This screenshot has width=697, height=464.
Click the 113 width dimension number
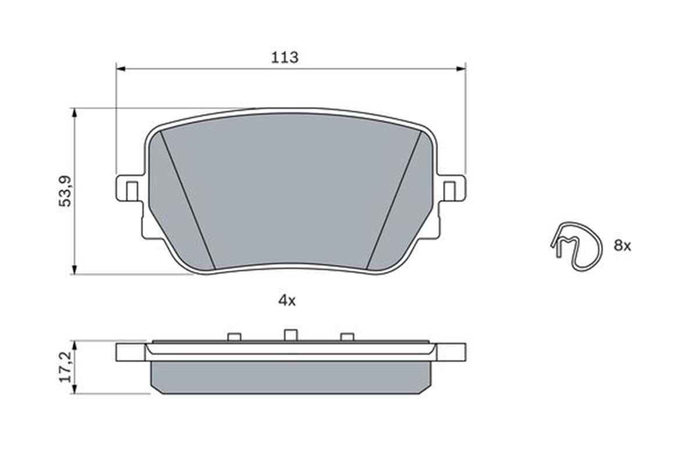coord(285,57)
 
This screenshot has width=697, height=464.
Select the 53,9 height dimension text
coord(66,190)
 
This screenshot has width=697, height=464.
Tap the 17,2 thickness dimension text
coord(66,366)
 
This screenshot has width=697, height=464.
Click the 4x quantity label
coord(287,300)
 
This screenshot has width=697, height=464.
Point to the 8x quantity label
coord(622,246)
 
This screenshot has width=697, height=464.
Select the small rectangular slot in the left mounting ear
coord(132,191)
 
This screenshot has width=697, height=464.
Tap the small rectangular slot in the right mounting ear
coord(449,191)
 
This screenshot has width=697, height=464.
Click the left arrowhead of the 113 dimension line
coord(121,69)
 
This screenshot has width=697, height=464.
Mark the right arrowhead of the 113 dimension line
coord(461,69)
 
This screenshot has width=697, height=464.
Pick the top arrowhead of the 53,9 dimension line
coord(74,112)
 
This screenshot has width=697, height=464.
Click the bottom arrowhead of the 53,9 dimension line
coord(74,270)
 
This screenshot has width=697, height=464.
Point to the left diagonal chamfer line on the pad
coord(187,200)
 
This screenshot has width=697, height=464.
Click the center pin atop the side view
coord(290,335)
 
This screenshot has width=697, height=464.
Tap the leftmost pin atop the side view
coord(234,336)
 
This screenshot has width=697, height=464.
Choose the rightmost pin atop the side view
coord(347,336)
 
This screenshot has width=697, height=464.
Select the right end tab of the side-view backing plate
coord(451,352)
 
